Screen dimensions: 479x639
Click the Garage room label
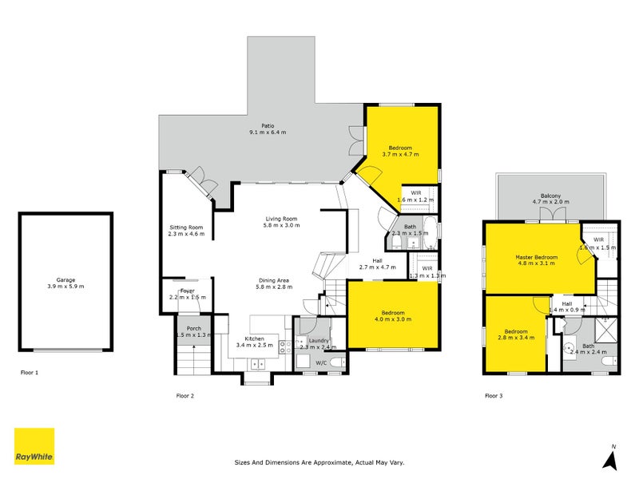65,279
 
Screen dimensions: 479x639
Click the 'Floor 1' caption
30,372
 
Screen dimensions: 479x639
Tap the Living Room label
281,219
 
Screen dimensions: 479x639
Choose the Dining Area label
273,279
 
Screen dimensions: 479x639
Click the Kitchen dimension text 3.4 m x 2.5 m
255,346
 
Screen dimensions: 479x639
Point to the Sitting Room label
185,228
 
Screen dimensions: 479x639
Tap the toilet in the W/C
337,362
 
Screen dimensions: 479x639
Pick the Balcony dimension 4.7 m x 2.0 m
550,203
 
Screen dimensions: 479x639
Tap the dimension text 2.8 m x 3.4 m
514,338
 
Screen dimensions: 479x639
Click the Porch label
193,329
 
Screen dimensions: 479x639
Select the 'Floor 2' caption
185,394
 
